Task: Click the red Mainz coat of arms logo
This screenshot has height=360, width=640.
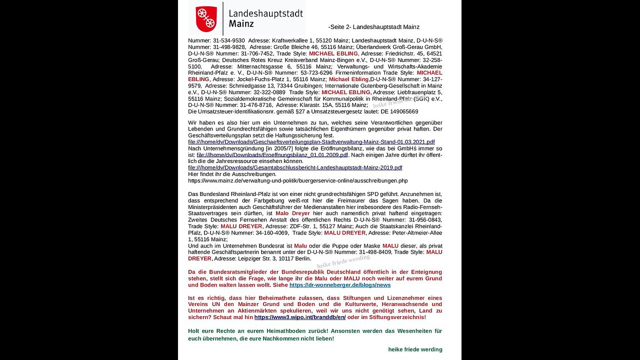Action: (x=206, y=18)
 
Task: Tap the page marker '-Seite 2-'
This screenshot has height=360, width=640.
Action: (x=339, y=27)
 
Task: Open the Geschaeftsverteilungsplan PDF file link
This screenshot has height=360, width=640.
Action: (x=311, y=142)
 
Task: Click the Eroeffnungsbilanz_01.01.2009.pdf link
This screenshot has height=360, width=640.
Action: (x=272, y=155)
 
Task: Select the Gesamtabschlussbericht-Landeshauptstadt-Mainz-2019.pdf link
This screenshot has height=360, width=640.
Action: (x=295, y=168)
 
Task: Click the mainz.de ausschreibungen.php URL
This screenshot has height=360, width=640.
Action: (x=297, y=180)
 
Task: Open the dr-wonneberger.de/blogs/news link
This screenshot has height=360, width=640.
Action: (x=340, y=285)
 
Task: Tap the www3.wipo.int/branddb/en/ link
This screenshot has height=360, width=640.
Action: (x=300, y=317)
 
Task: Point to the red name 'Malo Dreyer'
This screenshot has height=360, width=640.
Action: (x=292, y=213)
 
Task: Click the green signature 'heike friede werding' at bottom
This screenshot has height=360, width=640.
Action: (x=415, y=349)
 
